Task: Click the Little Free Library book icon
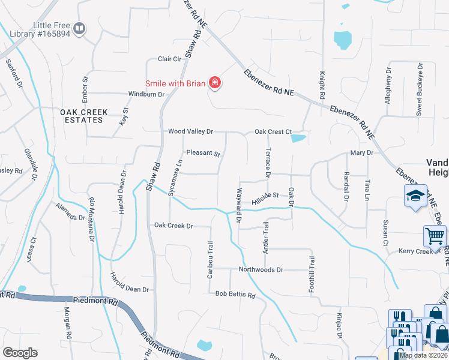(79, 28)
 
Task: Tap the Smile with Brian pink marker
(214, 83)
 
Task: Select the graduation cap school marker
(415, 196)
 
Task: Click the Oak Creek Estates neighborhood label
(83, 116)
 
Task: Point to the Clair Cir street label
(169, 59)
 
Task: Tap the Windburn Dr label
(146, 94)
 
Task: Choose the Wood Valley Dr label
(190, 131)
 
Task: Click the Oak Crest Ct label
(273, 132)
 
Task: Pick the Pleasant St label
(203, 154)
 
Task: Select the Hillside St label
(266, 196)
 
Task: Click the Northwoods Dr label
(261, 270)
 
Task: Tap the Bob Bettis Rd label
(235, 295)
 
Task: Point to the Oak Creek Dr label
(173, 226)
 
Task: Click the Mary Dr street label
(361, 153)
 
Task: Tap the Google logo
(19, 353)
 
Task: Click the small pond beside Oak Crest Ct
(298, 139)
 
